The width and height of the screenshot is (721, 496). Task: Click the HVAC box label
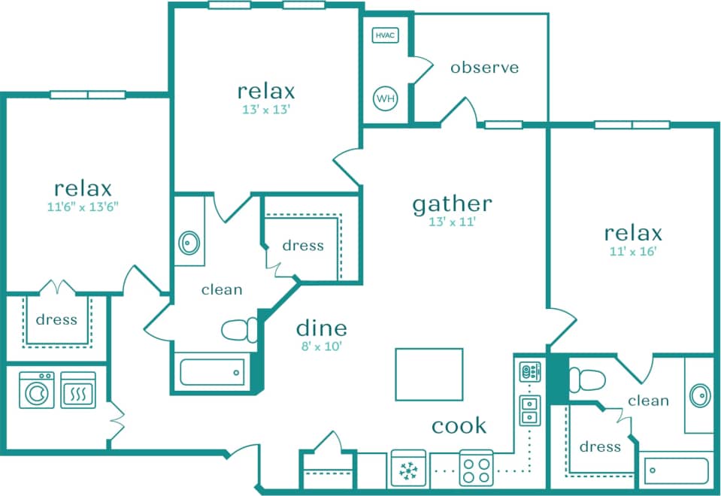click(x=385, y=35)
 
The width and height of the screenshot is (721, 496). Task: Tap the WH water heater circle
click(x=385, y=98)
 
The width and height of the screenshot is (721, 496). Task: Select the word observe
click(x=484, y=68)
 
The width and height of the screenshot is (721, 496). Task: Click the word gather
click(x=452, y=203)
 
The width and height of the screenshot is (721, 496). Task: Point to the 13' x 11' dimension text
click(x=452, y=222)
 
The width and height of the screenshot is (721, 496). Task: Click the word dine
click(x=321, y=328)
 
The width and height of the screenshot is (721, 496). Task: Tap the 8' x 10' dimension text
click(x=321, y=346)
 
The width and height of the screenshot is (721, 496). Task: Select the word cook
click(x=459, y=426)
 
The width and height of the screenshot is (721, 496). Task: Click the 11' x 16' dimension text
click(x=633, y=252)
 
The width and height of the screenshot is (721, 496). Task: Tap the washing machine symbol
click(x=36, y=391)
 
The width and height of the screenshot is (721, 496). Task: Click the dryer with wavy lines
click(x=78, y=391)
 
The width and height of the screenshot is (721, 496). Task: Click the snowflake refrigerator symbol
click(x=408, y=470)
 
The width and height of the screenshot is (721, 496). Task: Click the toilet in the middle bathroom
click(x=240, y=330)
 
